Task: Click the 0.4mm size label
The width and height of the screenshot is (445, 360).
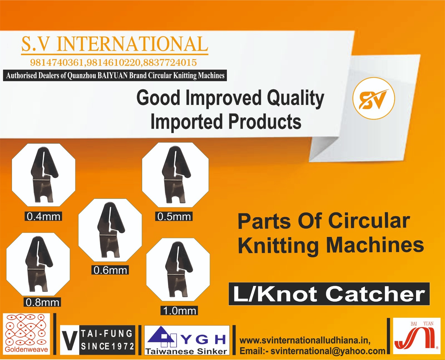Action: (43, 216)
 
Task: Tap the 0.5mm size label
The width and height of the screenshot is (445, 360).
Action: (174, 216)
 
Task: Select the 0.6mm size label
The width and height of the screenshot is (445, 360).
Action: (110, 270)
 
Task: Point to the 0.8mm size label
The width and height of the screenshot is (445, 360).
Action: (42, 302)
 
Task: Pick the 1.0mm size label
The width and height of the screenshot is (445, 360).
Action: (179, 310)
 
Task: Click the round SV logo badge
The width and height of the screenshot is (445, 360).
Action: (374, 98)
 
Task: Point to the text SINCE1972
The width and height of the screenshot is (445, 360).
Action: (107, 346)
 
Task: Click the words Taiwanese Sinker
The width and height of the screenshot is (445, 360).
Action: (186, 351)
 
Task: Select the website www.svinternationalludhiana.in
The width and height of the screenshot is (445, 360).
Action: (305, 340)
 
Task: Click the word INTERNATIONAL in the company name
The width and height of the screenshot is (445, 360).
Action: (132, 44)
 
